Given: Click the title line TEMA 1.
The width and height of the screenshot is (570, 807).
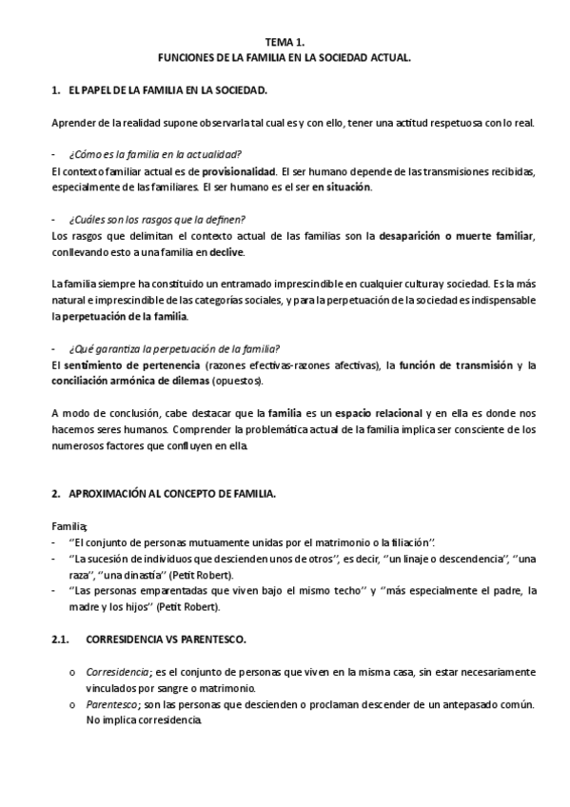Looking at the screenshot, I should pyautogui.click(x=285, y=43).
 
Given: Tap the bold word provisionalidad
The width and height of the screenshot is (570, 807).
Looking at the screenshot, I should pyautogui.click(x=239, y=171).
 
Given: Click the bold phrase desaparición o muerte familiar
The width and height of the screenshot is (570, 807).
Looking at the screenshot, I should pyautogui.click(x=457, y=236).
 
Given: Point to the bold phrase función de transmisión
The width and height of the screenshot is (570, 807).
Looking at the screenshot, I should pyautogui.click(x=457, y=365).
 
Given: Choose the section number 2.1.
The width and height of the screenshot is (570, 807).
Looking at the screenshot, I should pyautogui.click(x=58, y=640).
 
